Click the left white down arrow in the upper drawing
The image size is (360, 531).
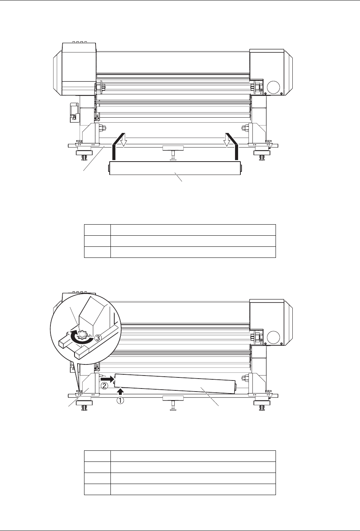123,140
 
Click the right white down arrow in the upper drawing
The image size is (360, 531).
227,140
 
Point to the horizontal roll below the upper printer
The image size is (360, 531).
175,168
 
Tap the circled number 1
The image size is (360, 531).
120,400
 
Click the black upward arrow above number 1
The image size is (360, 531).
120,391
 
